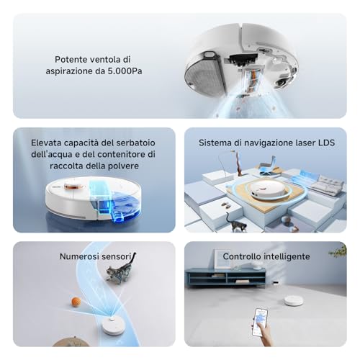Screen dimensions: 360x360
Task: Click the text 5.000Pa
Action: coord(125,71)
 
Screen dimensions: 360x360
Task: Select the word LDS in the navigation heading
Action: coord(326,143)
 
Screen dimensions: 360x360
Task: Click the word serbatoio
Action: coord(135,143)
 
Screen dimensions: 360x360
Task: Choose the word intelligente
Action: coord(288,256)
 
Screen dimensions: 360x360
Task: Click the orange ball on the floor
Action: coord(76,301)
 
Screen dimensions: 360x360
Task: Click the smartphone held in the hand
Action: coord(260,323)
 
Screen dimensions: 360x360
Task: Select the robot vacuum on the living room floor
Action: coord(294,300)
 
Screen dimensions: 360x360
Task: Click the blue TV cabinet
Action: coord(226,278)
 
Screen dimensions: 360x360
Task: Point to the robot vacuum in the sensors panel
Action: coord(112,326)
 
